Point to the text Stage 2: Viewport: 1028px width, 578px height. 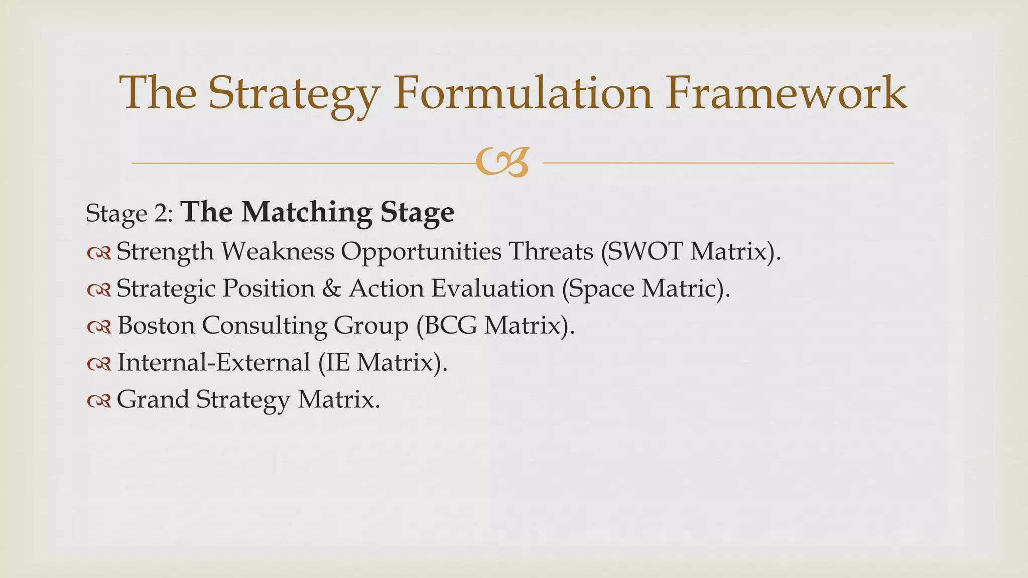(130, 214)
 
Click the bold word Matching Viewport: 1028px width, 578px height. (307, 213)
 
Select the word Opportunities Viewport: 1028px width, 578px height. (421, 251)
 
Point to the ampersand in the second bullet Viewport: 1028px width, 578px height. (331, 288)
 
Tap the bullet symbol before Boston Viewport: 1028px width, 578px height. (99, 328)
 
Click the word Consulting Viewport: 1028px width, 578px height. (264, 325)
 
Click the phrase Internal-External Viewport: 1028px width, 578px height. (214, 362)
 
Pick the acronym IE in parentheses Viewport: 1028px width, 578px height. (338, 362)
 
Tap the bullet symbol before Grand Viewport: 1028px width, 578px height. (99, 402)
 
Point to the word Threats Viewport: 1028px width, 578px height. (551, 251)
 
